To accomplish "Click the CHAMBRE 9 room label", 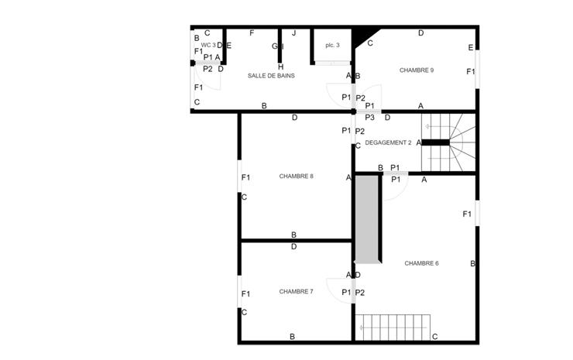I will (x=416, y=70).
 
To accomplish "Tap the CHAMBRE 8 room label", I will (x=296, y=177).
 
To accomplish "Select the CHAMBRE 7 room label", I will (x=296, y=292).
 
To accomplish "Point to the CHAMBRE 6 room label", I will (x=421, y=263).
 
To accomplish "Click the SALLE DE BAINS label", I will (x=271, y=76).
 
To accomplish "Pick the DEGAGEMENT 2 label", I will (x=388, y=142).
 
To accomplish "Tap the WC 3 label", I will (x=208, y=45).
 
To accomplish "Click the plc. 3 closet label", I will (x=332, y=45).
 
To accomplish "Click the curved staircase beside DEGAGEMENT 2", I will (x=457, y=141).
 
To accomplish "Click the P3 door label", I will (x=369, y=118).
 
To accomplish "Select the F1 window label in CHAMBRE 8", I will (x=245, y=178).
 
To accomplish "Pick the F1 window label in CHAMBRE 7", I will (x=245, y=294).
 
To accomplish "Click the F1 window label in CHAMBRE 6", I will (x=468, y=214).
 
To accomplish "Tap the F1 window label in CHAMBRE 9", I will (x=471, y=72).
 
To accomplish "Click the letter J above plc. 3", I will (x=293, y=33).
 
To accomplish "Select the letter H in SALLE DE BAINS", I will (x=280, y=67).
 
